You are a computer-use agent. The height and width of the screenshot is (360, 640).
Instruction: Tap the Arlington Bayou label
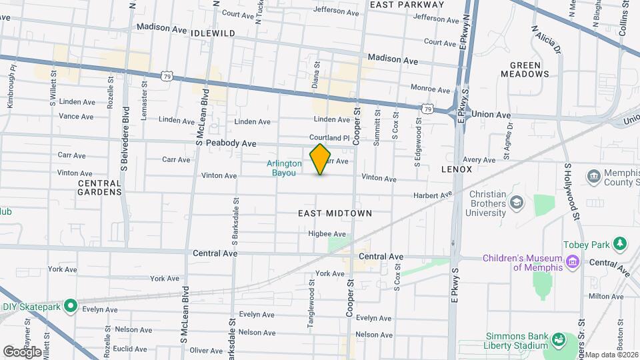click(x=285, y=167)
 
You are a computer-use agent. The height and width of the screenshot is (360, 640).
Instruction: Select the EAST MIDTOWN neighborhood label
click(x=335, y=213)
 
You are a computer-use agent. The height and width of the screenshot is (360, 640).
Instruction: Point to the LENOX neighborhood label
click(x=457, y=169)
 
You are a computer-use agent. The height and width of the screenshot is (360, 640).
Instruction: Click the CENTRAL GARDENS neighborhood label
click(x=100, y=187)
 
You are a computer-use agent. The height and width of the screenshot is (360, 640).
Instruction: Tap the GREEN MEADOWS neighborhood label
click(x=529, y=69)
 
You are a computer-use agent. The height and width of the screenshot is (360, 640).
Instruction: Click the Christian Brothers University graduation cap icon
click(x=516, y=201)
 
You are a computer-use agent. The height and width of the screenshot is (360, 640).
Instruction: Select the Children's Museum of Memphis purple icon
click(x=572, y=262)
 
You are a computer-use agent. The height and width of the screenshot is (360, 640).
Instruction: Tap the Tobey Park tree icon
click(x=621, y=243)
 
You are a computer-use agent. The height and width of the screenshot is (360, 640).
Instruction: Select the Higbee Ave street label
click(x=327, y=234)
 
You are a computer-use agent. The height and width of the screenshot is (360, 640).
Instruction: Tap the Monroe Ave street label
click(x=431, y=89)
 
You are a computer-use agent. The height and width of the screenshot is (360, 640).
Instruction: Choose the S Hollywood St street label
click(x=571, y=191)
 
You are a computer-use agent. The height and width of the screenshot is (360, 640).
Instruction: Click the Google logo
click(x=22, y=351)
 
